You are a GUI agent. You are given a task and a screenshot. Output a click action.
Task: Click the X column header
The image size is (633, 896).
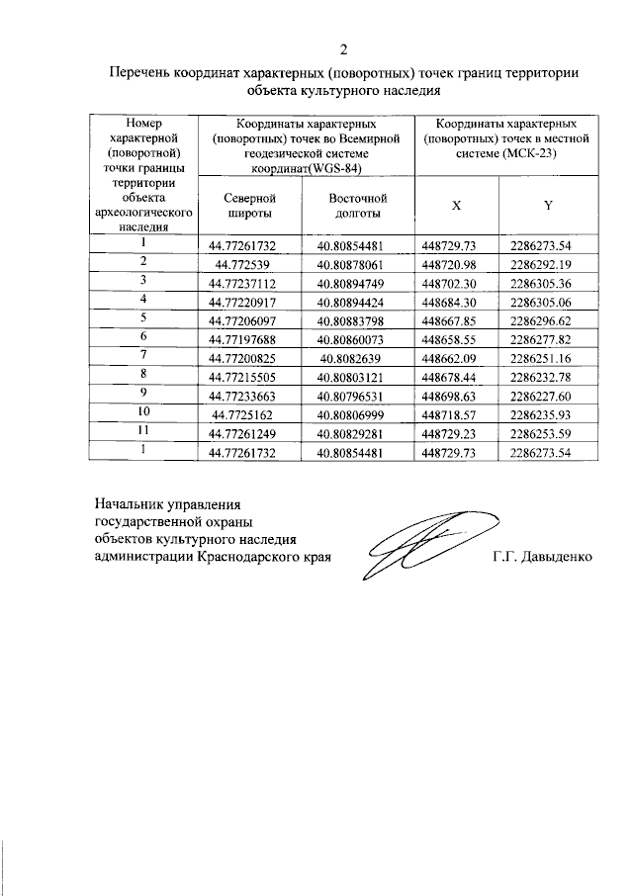(x=456, y=206)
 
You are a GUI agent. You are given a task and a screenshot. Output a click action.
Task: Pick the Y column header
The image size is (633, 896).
(x=548, y=206)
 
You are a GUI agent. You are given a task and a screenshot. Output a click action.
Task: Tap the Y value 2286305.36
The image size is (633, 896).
(x=548, y=283)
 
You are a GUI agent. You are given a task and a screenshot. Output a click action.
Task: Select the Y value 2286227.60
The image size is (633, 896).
(x=548, y=392)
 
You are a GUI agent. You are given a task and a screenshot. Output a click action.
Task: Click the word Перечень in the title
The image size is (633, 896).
(x=141, y=73)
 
